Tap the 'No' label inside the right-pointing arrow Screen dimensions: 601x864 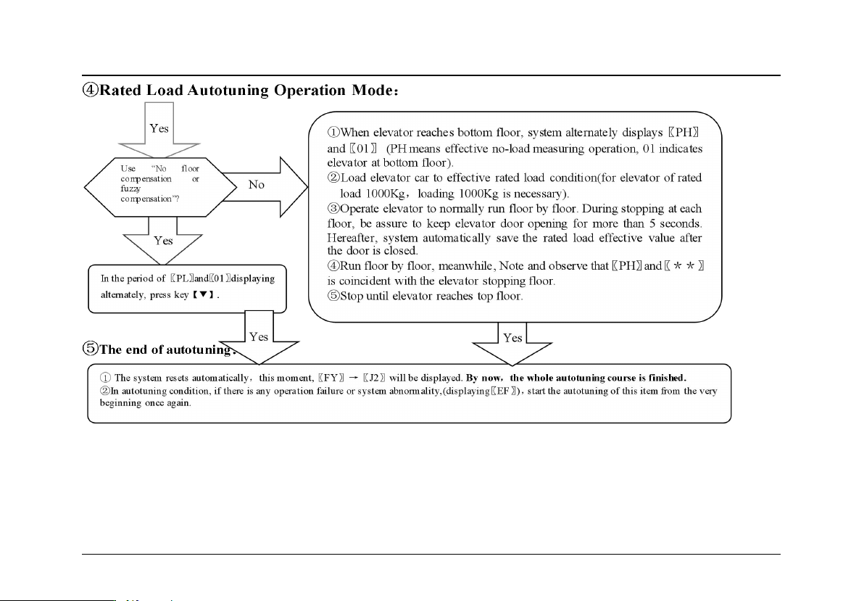tap(257, 185)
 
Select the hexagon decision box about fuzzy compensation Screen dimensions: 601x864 tap(151, 185)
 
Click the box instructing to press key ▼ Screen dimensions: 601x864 tap(188, 287)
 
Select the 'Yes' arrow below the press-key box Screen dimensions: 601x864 tap(259, 338)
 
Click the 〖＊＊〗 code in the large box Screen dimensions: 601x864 tap(684, 266)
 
